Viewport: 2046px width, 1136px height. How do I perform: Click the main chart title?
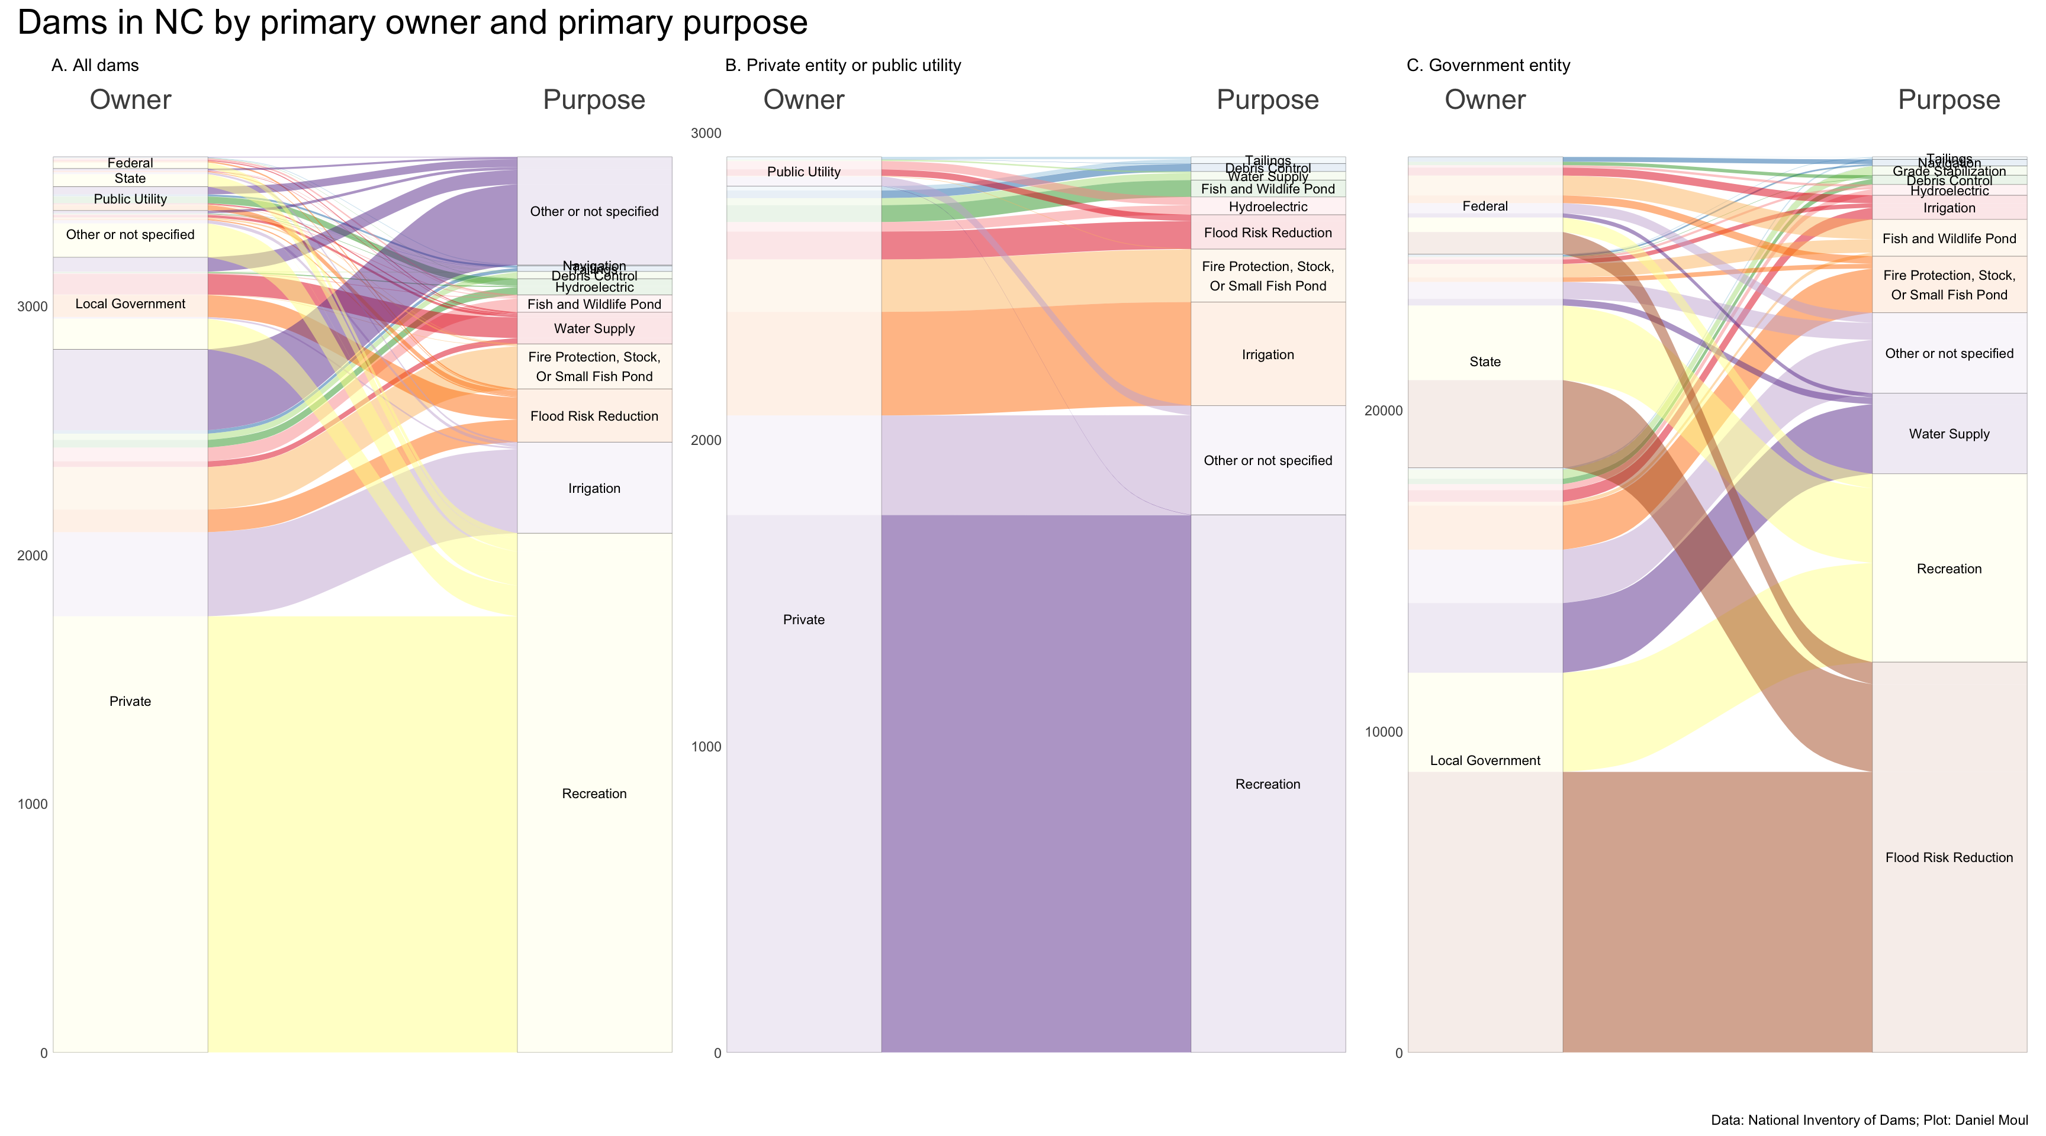[x=412, y=22]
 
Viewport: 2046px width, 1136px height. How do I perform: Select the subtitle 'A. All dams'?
[x=95, y=66]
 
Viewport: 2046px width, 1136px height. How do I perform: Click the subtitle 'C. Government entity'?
[x=1488, y=66]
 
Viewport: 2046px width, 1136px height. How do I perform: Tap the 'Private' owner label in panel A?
[x=130, y=702]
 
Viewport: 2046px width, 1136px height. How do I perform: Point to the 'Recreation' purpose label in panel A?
[x=594, y=794]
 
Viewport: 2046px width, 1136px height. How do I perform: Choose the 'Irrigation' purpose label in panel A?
[x=594, y=489]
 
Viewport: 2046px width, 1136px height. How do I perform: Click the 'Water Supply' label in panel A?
[x=594, y=328]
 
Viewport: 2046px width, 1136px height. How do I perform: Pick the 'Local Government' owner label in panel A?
[x=130, y=304]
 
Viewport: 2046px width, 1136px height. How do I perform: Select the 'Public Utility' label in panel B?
[x=804, y=172]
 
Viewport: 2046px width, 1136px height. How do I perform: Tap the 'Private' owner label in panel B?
[x=804, y=620]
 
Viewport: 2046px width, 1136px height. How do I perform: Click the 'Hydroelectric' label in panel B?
[x=1268, y=207]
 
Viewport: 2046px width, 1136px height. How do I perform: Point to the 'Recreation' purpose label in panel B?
[x=1268, y=785]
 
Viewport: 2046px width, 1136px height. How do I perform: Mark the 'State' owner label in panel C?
[x=1484, y=362]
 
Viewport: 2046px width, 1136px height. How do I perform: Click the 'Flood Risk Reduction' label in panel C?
[x=1949, y=857]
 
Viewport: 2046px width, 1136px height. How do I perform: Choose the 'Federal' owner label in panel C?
[x=1484, y=206]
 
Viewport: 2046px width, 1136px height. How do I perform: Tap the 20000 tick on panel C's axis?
[x=1381, y=411]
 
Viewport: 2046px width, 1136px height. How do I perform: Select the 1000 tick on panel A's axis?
[x=33, y=804]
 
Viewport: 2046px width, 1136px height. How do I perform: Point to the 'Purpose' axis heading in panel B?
[x=1268, y=100]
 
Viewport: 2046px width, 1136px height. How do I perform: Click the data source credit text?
[x=1869, y=1120]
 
